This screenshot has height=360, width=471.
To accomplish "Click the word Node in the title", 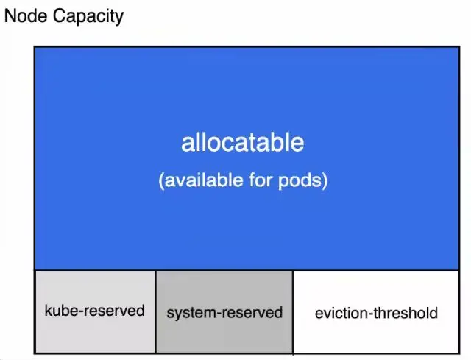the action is pyautogui.click(x=26, y=16).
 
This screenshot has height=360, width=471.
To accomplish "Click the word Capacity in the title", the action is pyautogui.click(x=88, y=17).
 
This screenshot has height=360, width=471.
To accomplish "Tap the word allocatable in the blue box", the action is pyautogui.click(x=242, y=142).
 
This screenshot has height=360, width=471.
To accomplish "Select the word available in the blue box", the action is pyautogui.click(x=204, y=180).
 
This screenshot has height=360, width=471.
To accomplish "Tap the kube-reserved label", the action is pyautogui.click(x=94, y=310).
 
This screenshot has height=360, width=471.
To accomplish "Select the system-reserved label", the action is pyautogui.click(x=224, y=313).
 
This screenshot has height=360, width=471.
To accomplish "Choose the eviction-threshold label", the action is pyautogui.click(x=376, y=313).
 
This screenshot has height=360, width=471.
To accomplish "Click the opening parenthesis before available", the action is pyautogui.click(x=161, y=181).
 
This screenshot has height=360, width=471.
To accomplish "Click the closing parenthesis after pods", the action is pyautogui.click(x=324, y=181).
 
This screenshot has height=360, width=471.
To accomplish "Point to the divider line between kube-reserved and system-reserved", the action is pyautogui.click(x=155, y=312).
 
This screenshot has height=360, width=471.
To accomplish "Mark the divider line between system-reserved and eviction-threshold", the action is pyautogui.click(x=293, y=312).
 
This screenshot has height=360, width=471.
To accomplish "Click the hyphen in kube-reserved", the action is pyautogui.click(x=79, y=311).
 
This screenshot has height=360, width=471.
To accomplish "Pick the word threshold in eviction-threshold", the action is pyautogui.click(x=406, y=313).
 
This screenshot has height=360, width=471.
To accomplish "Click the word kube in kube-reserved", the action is pyautogui.click(x=60, y=310).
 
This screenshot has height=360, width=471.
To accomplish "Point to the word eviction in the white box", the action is pyautogui.click(x=341, y=313).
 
